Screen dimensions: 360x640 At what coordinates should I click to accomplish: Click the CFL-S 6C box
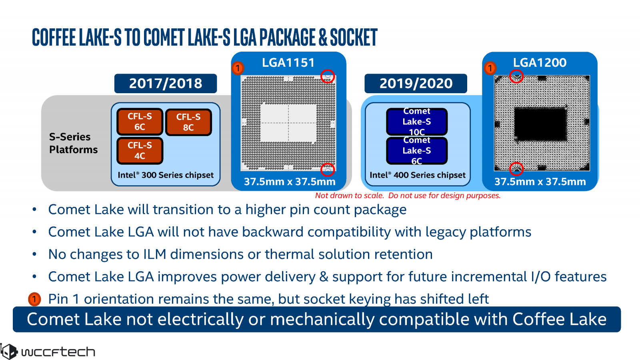[x=140, y=122]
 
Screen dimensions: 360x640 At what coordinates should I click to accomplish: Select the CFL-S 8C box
[x=188, y=122]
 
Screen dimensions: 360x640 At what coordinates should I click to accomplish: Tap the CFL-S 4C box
[x=140, y=150]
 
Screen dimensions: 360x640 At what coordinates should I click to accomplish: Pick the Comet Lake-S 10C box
[x=416, y=122]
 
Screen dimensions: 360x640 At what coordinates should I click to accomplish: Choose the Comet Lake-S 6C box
[x=416, y=151]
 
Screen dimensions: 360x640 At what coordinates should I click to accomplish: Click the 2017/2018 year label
[x=166, y=83]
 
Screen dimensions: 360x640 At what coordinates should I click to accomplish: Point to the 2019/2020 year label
[x=416, y=83]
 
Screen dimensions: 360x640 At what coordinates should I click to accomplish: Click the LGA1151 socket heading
[x=288, y=62]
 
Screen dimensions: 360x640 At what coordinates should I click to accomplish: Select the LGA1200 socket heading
[x=540, y=62]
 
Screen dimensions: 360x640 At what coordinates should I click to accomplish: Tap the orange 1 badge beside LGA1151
[x=238, y=68]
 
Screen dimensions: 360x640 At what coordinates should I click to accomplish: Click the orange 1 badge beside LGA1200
[x=490, y=68]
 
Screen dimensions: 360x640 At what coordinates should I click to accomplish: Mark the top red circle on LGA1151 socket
[x=328, y=76]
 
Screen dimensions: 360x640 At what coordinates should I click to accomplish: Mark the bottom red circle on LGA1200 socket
[x=516, y=168]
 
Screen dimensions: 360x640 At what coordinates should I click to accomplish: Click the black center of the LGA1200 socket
[x=540, y=124]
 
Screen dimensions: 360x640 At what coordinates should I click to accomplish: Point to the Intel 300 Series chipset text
[x=166, y=175]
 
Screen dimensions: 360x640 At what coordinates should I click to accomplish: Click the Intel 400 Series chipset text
[x=418, y=175]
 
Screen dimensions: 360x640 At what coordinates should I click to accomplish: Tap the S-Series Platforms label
[x=73, y=143]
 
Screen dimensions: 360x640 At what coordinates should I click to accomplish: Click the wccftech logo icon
[x=8, y=352]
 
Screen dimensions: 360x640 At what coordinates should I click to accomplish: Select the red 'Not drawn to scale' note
[x=408, y=196]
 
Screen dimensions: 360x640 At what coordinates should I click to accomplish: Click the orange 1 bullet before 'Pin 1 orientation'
[x=34, y=299]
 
